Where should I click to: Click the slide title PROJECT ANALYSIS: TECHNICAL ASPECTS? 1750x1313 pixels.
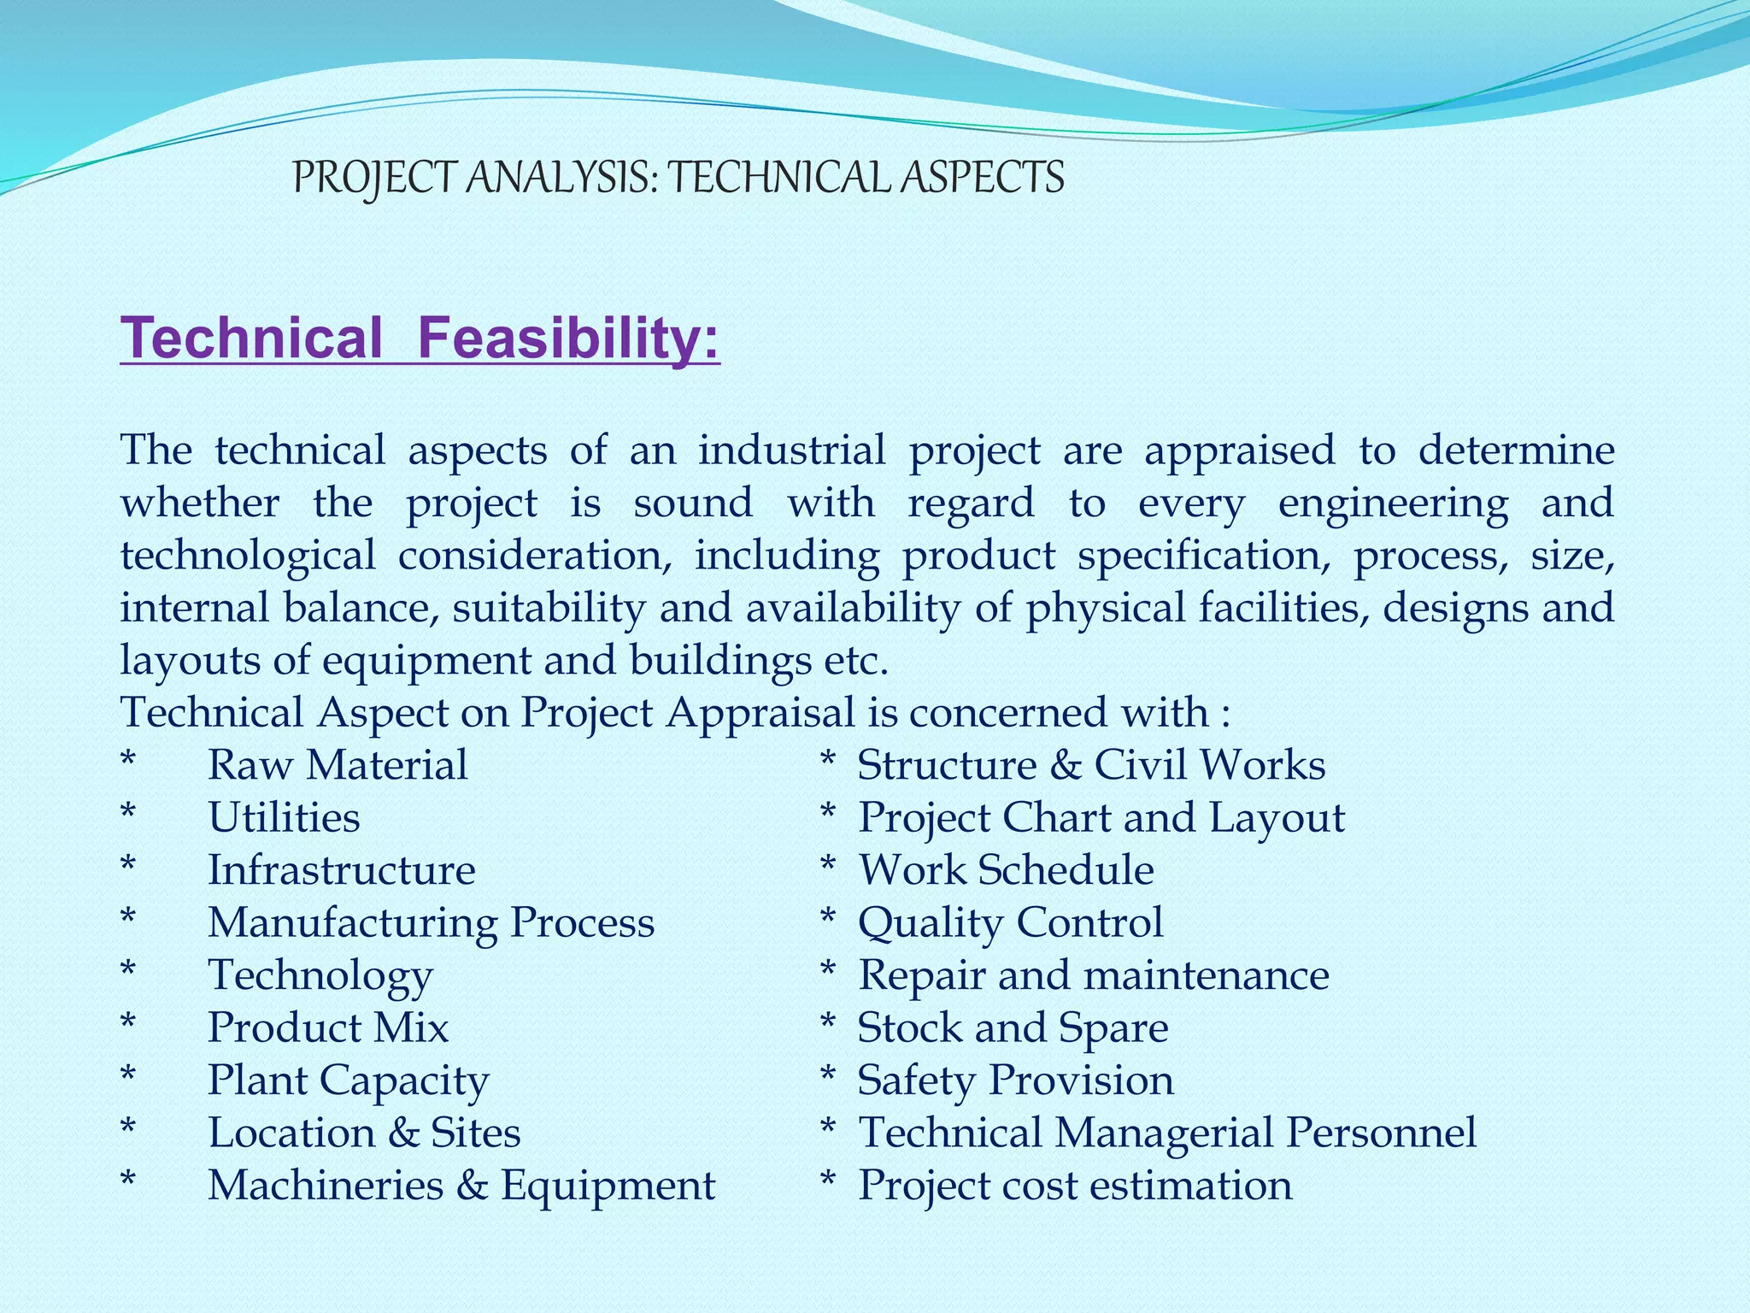point(678,178)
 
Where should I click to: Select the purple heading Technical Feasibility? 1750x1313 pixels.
point(420,339)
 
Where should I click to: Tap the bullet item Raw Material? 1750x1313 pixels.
point(338,765)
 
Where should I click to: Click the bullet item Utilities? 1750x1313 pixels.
point(284,818)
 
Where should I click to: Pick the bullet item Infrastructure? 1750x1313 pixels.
point(342,870)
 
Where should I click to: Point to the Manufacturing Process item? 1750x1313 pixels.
point(431,923)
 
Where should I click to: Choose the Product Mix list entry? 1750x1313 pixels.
point(328,1027)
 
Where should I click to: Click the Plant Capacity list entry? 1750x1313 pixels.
point(348,1080)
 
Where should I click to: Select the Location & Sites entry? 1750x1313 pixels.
point(364,1133)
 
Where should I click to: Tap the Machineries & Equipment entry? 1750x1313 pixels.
point(461,1186)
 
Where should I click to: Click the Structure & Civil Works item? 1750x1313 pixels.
point(1091,765)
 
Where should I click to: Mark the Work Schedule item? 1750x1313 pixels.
point(1006,870)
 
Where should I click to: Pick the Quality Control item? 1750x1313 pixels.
point(1010,923)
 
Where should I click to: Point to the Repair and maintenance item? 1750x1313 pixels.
point(1093,975)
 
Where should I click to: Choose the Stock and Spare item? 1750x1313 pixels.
point(1013,1027)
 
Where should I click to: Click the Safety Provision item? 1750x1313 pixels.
point(1015,1080)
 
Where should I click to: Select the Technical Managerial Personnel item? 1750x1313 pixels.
point(1166,1133)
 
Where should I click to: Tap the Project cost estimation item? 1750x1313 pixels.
point(1075,1186)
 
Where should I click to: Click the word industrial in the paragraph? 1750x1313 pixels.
point(791,450)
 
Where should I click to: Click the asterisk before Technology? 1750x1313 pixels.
point(128,972)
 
